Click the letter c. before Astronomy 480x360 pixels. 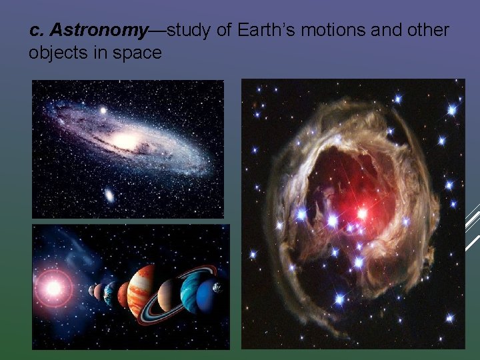point(37,30)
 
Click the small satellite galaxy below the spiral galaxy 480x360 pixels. point(109,195)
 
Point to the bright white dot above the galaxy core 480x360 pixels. point(103,110)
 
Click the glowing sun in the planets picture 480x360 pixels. point(53,287)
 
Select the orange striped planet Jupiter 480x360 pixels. point(141,291)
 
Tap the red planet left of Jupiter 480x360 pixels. point(123,294)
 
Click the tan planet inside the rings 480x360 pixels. point(167,293)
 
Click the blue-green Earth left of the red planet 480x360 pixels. point(109,292)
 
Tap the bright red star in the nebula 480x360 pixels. point(363,214)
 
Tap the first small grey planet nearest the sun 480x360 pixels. point(92,291)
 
